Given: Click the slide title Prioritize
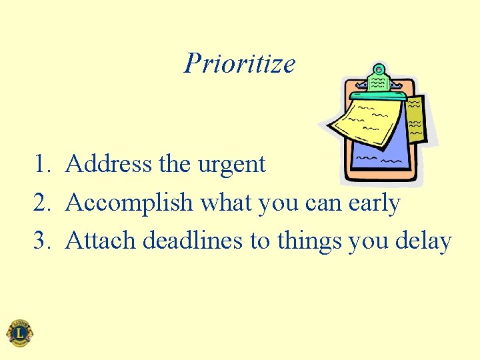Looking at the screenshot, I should tap(239, 64).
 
